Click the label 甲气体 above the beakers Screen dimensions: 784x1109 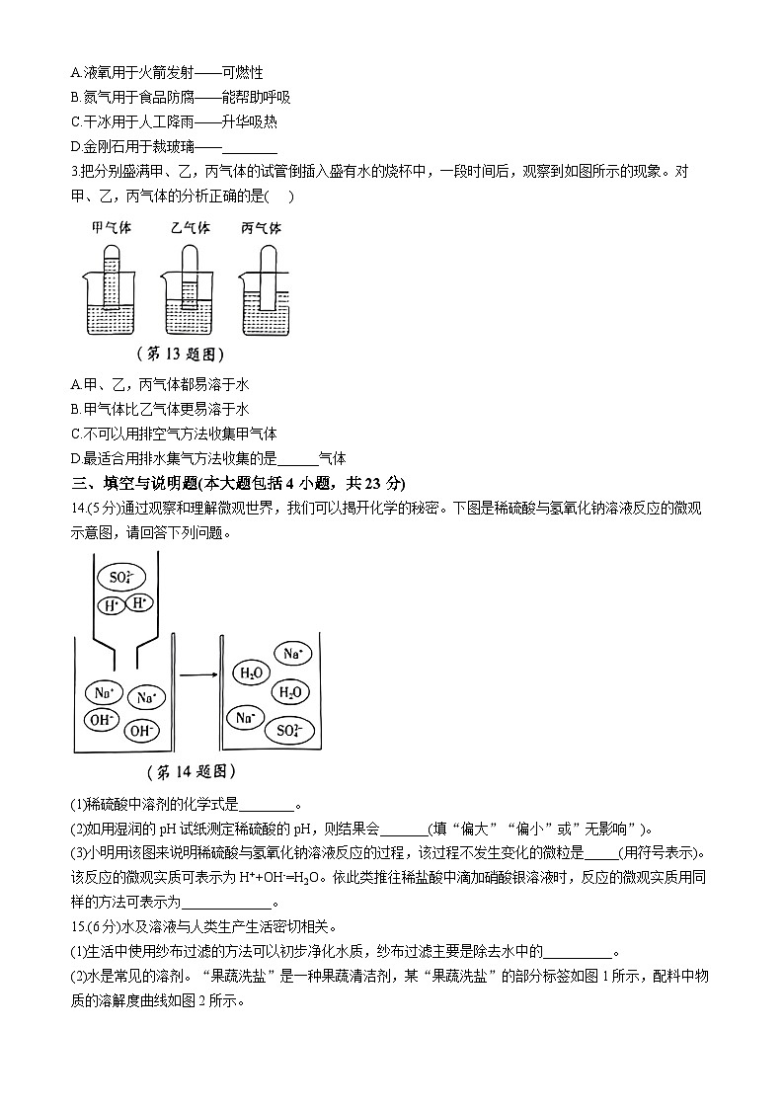click(112, 227)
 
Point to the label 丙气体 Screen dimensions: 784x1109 click(263, 227)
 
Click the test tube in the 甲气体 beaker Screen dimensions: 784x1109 click(113, 277)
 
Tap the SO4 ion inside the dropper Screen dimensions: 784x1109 click(121, 578)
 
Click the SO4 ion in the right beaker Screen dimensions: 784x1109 click(289, 731)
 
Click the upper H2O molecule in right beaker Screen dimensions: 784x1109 click(250, 673)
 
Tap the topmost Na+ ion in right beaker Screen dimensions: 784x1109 click(292, 653)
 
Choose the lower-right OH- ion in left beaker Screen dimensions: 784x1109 click(142, 731)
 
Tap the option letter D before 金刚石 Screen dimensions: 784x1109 click(76, 147)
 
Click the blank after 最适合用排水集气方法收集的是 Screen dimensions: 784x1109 click(298, 458)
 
